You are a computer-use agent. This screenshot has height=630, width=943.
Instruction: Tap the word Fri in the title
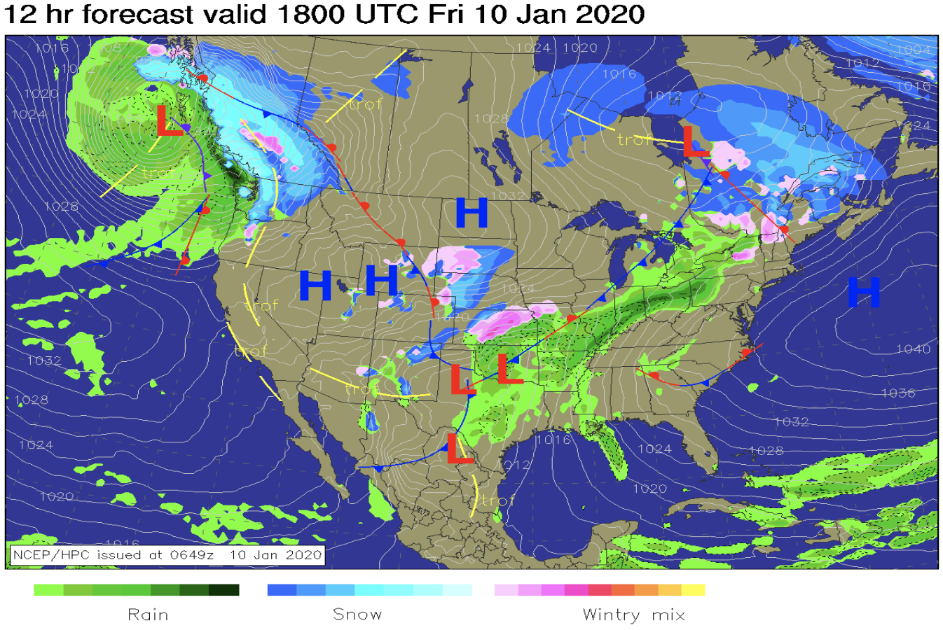tap(449, 14)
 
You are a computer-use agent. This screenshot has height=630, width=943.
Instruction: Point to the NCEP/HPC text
tap(53, 555)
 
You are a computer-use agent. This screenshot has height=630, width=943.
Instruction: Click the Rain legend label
tap(148, 615)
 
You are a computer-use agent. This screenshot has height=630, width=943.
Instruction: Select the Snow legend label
tap(357, 615)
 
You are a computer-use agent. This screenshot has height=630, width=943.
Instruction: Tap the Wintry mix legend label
tap(633, 615)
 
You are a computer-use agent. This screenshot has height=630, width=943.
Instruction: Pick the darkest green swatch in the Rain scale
tap(224, 590)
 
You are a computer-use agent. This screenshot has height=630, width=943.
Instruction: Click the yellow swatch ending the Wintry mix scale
tap(694, 590)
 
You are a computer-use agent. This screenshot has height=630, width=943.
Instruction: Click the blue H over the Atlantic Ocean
tap(863, 292)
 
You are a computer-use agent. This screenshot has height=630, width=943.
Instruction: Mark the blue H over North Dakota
tap(471, 213)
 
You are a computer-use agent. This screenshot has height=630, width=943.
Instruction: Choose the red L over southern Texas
tap(459, 449)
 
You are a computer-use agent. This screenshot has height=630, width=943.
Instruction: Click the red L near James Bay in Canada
tap(695, 142)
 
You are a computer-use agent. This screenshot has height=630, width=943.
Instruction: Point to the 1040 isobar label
tap(913, 349)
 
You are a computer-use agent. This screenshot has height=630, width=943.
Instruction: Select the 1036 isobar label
tap(897, 393)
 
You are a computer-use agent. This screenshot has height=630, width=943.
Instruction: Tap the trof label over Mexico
tap(497, 500)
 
